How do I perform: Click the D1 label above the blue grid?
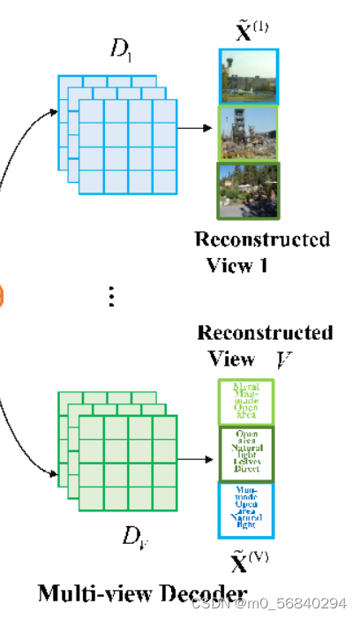(121, 49)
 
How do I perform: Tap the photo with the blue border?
(249, 76)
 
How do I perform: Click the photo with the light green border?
(249, 133)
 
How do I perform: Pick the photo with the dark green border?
(249, 190)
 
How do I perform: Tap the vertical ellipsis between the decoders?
(111, 297)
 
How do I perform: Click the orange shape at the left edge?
(3, 295)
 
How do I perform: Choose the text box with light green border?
(247, 401)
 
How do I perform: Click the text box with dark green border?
(247, 454)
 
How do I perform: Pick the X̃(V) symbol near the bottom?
(250, 563)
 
